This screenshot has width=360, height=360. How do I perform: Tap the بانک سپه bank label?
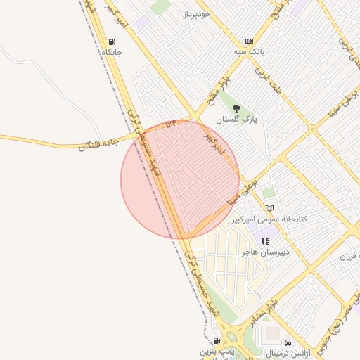[249, 52]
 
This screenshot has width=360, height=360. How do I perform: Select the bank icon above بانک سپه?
[249, 41]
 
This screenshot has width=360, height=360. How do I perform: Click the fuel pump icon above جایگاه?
[113, 41]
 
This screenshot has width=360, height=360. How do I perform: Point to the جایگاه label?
[112, 52]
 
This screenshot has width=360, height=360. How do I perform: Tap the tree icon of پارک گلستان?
[237, 109]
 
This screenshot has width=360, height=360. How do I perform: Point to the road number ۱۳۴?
[172, 124]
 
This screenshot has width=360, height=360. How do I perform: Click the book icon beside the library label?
[269, 209]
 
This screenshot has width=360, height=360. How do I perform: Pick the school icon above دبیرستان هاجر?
[265, 241]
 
